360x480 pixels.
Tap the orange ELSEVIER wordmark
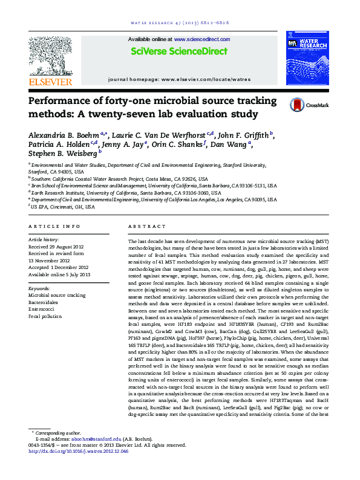(50, 80)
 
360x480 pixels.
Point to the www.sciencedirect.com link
(206, 39)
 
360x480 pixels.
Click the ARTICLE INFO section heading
(54, 226)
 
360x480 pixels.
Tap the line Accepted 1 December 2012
(59, 267)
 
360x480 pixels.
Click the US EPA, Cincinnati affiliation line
(63, 206)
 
